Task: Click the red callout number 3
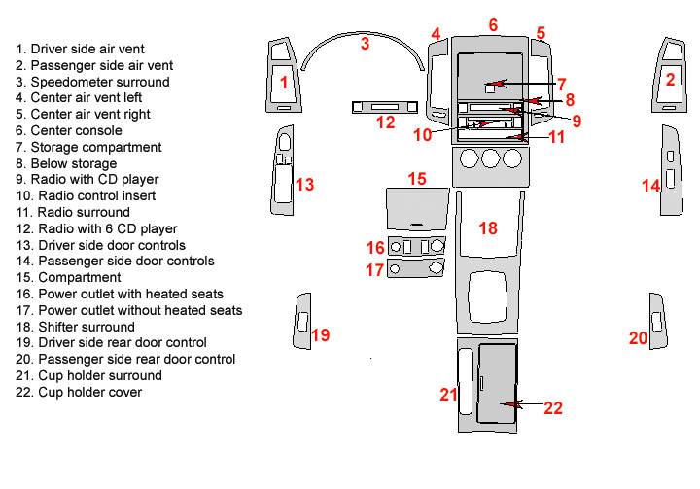(365, 43)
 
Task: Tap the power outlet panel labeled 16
(416, 247)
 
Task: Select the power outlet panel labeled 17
(416, 268)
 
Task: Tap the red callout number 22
(553, 408)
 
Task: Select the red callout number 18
(488, 227)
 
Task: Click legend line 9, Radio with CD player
(86, 180)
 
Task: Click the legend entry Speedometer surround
(91, 82)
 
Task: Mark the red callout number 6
(493, 24)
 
